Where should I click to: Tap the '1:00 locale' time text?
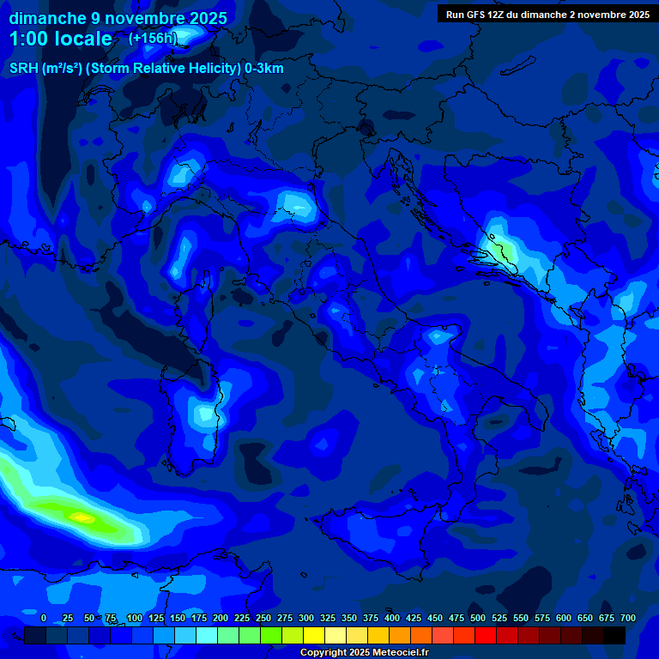tap(60, 39)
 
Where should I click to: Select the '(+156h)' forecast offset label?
tap(153, 39)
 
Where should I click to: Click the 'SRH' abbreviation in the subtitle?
tap(24, 69)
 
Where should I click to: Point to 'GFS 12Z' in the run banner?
tap(486, 15)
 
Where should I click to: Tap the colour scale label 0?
tap(44, 619)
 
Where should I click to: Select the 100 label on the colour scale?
tap(134, 619)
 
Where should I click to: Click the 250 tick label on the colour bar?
tap(263, 619)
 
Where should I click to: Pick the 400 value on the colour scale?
tap(392, 619)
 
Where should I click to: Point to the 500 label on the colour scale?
tap(478, 619)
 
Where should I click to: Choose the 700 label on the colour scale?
tap(628, 619)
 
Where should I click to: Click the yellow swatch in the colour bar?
tap(314, 636)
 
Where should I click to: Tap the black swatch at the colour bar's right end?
tap(614, 636)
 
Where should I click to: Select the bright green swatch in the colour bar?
tap(271, 636)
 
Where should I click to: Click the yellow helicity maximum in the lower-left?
tap(82, 517)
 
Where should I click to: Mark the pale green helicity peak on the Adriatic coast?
tap(501, 250)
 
